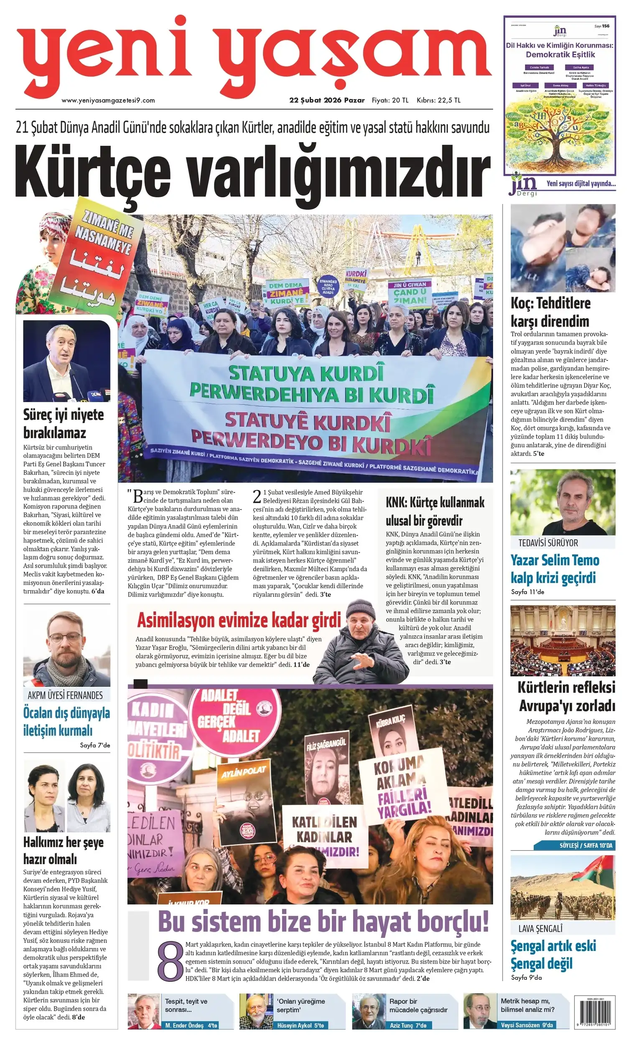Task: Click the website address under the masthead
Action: [x=108, y=100]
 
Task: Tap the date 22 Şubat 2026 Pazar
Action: [x=326, y=100]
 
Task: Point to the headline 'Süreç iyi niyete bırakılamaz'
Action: [x=64, y=423]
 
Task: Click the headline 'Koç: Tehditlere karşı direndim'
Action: [x=550, y=312]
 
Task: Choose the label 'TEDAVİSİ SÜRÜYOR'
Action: [x=548, y=543]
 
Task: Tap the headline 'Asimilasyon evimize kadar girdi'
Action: [x=239, y=620]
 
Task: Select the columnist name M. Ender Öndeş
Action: [x=185, y=1025]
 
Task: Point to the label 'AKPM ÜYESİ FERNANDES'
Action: [x=65, y=696]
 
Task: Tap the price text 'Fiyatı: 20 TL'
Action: [x=390, y=100]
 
